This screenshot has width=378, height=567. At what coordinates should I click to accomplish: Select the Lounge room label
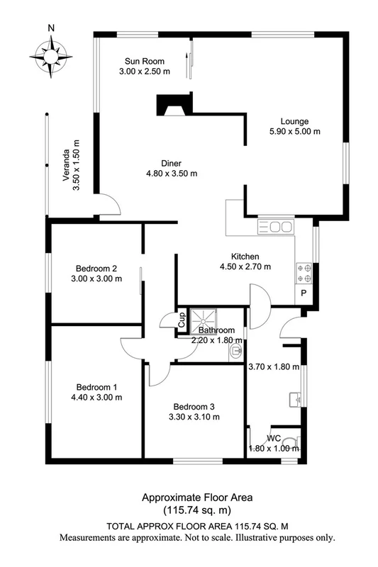[x=294, y=120]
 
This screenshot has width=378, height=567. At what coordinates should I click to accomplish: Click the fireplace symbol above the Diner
[x=174, y=105]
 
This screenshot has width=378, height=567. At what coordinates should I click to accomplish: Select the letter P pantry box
[x=304, y=293]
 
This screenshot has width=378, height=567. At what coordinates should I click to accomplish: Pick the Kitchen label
[x=245, y=256]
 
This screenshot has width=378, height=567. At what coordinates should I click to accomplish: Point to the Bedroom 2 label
[x=96, y=268]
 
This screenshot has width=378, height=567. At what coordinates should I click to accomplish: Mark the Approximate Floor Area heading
[x=188, y=497]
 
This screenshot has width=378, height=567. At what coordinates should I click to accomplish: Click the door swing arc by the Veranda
[x=109, y=203]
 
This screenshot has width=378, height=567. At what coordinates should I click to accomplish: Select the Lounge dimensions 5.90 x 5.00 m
[x=294, y=131]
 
